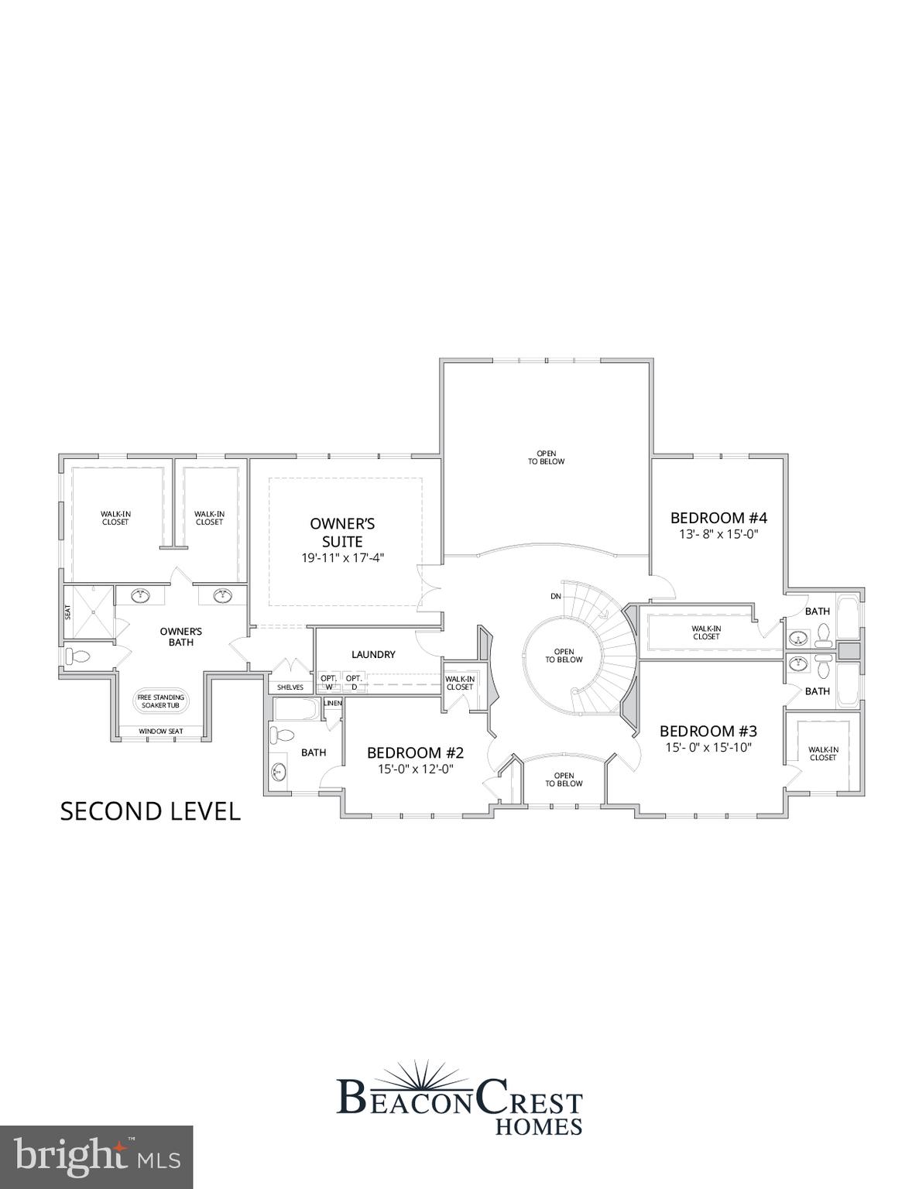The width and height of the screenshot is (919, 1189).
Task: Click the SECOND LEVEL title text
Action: (150, 811)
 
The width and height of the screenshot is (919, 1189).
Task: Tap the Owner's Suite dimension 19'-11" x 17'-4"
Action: (342, 557)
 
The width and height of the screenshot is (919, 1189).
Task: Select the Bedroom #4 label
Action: (718, 518)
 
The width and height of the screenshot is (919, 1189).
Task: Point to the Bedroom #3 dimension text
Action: (708, 747)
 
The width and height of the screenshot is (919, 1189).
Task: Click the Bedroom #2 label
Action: (415, 752)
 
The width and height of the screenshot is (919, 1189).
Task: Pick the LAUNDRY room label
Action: (373, 654)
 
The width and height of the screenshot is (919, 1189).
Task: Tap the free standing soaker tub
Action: (161, 701)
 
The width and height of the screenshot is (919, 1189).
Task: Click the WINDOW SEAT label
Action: (161, 731)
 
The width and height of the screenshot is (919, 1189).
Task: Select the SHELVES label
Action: (290, 687)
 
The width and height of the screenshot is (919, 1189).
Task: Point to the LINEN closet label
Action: (333, 703)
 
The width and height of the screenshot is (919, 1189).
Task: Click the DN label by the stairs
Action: (556, 596)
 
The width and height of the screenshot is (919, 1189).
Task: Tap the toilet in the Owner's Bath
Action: (78, 656)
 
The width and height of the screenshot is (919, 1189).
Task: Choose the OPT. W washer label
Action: (329, 682)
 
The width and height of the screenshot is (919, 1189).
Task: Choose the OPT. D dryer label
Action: (354, 682)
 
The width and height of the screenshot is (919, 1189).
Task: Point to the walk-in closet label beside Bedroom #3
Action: (823, 753)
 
